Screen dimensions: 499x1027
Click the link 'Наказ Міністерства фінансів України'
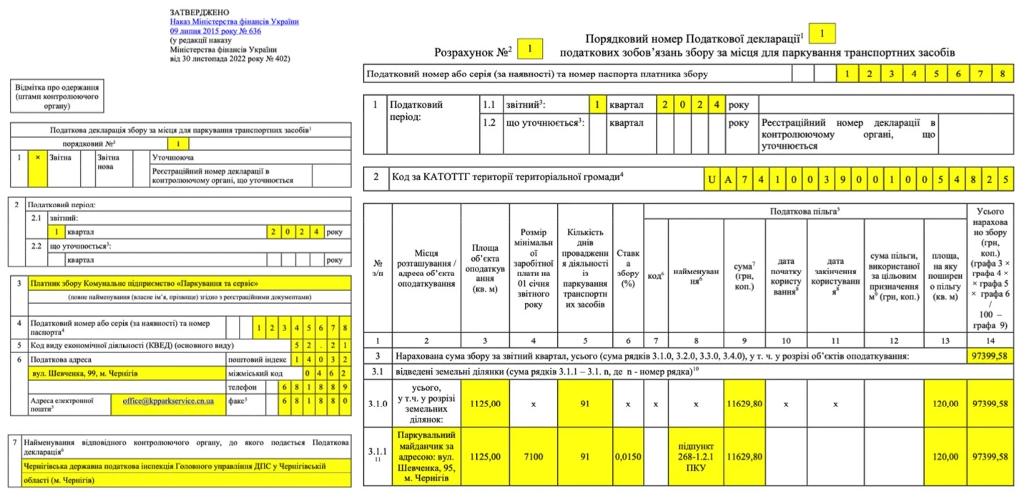click(234, 21)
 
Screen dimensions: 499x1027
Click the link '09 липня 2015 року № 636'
click(215, 31)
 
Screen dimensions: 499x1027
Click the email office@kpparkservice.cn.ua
click(167, 402)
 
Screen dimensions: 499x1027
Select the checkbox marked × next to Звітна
click(36, 157)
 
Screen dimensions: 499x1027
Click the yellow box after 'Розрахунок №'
click(530, 49)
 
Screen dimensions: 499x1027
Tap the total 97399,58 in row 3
click(990, 355)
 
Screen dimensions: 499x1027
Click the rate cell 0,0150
click(627, 455)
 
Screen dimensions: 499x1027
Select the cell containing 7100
click(533, 455)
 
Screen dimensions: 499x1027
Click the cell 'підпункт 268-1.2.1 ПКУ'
click(695, 455)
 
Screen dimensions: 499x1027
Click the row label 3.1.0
click(377, 403)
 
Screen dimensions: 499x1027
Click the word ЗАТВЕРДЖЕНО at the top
click(200, 12)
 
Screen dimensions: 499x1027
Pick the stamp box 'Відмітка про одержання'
click(57, 97)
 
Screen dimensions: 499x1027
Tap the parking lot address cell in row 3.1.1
click(426, 455)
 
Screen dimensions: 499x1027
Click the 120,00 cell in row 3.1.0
click(944, 403)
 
